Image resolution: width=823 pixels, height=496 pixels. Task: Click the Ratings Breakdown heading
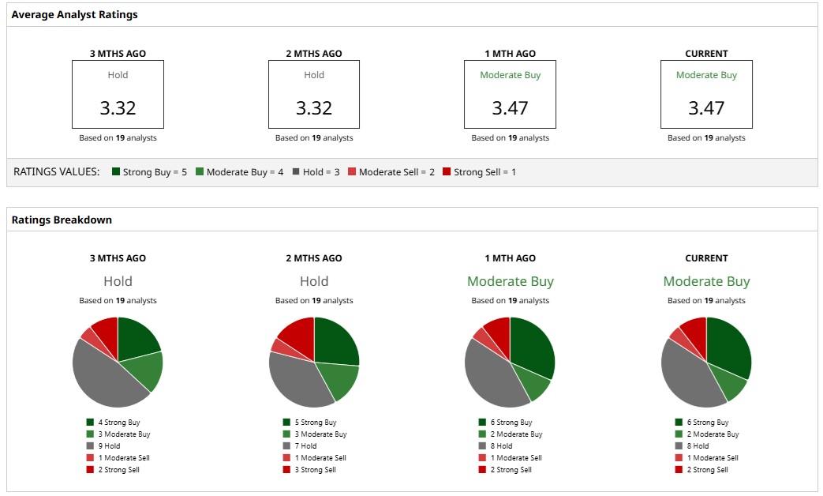point(62,220)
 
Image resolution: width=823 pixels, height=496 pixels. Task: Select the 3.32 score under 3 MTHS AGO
point(118,107)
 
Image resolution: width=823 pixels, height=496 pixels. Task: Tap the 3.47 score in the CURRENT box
point(706,107)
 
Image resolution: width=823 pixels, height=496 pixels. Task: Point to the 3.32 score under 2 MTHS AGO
point(314,107)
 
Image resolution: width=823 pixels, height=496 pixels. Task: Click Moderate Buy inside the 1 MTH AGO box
point(510,75)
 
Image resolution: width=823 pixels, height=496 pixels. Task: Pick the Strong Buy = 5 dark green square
point(116,171)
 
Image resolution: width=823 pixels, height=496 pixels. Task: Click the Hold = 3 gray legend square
point(296,171)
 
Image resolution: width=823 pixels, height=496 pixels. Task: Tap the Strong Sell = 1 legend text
point(484,171)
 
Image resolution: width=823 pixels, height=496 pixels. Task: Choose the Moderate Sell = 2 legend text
point(396,171)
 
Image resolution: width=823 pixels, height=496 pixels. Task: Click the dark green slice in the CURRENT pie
point(730,348)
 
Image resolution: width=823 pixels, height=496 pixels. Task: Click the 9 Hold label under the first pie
point(109,446)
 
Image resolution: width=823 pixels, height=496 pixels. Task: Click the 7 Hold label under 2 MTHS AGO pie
point(305,446)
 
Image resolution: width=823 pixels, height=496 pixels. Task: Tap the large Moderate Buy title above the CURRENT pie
point(706,281)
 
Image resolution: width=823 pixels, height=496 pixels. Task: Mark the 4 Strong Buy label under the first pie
point(118,423)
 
